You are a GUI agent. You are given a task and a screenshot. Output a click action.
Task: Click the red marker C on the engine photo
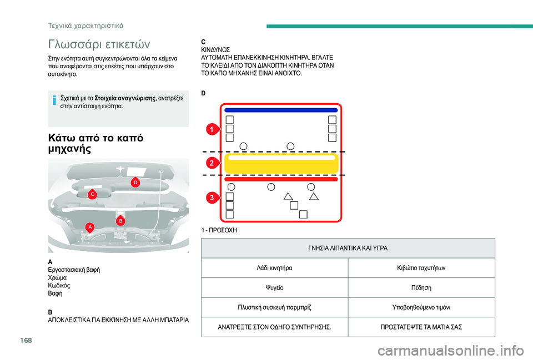pyautogui.click(x=92, y=194)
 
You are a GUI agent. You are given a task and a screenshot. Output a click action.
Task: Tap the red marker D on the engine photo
pyautogui.click(x=135, y=182)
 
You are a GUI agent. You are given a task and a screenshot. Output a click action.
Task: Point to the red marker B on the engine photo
pyautogui.click(x=120, y=221)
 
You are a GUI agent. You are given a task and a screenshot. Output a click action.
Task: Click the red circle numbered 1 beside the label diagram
pyautogui.click(x=212, y=130)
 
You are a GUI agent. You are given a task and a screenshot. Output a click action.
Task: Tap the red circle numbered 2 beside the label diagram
pyautogui.click(x=212, y=163)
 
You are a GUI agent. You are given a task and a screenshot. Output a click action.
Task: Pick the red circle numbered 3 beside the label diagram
pyautogui.click(x=212, y=198)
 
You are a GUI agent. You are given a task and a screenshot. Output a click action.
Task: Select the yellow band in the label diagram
pyautogui.click(x=281, y=164)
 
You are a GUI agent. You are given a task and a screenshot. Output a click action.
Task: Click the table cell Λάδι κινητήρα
pyautogui.click(x=275, y=268)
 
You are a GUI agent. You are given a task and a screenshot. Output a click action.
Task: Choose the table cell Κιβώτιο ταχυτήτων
pyautogui.click(x=421, y=268)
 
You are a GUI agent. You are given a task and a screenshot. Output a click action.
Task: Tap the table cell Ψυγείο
pyautogui.click(x=275, y=288)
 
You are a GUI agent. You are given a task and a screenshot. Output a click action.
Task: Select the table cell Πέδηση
pyautogui.click(x=421, y=288)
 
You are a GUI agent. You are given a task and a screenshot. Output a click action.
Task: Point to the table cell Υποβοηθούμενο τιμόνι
pyautogui.click(x=421, y=307)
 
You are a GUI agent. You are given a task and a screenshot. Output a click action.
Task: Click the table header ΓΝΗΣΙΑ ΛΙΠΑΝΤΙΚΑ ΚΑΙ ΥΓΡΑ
pyautogui.click(x=348, y=248)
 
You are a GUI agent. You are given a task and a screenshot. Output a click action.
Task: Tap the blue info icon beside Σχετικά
pyautogui.click(x=53, y=101)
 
